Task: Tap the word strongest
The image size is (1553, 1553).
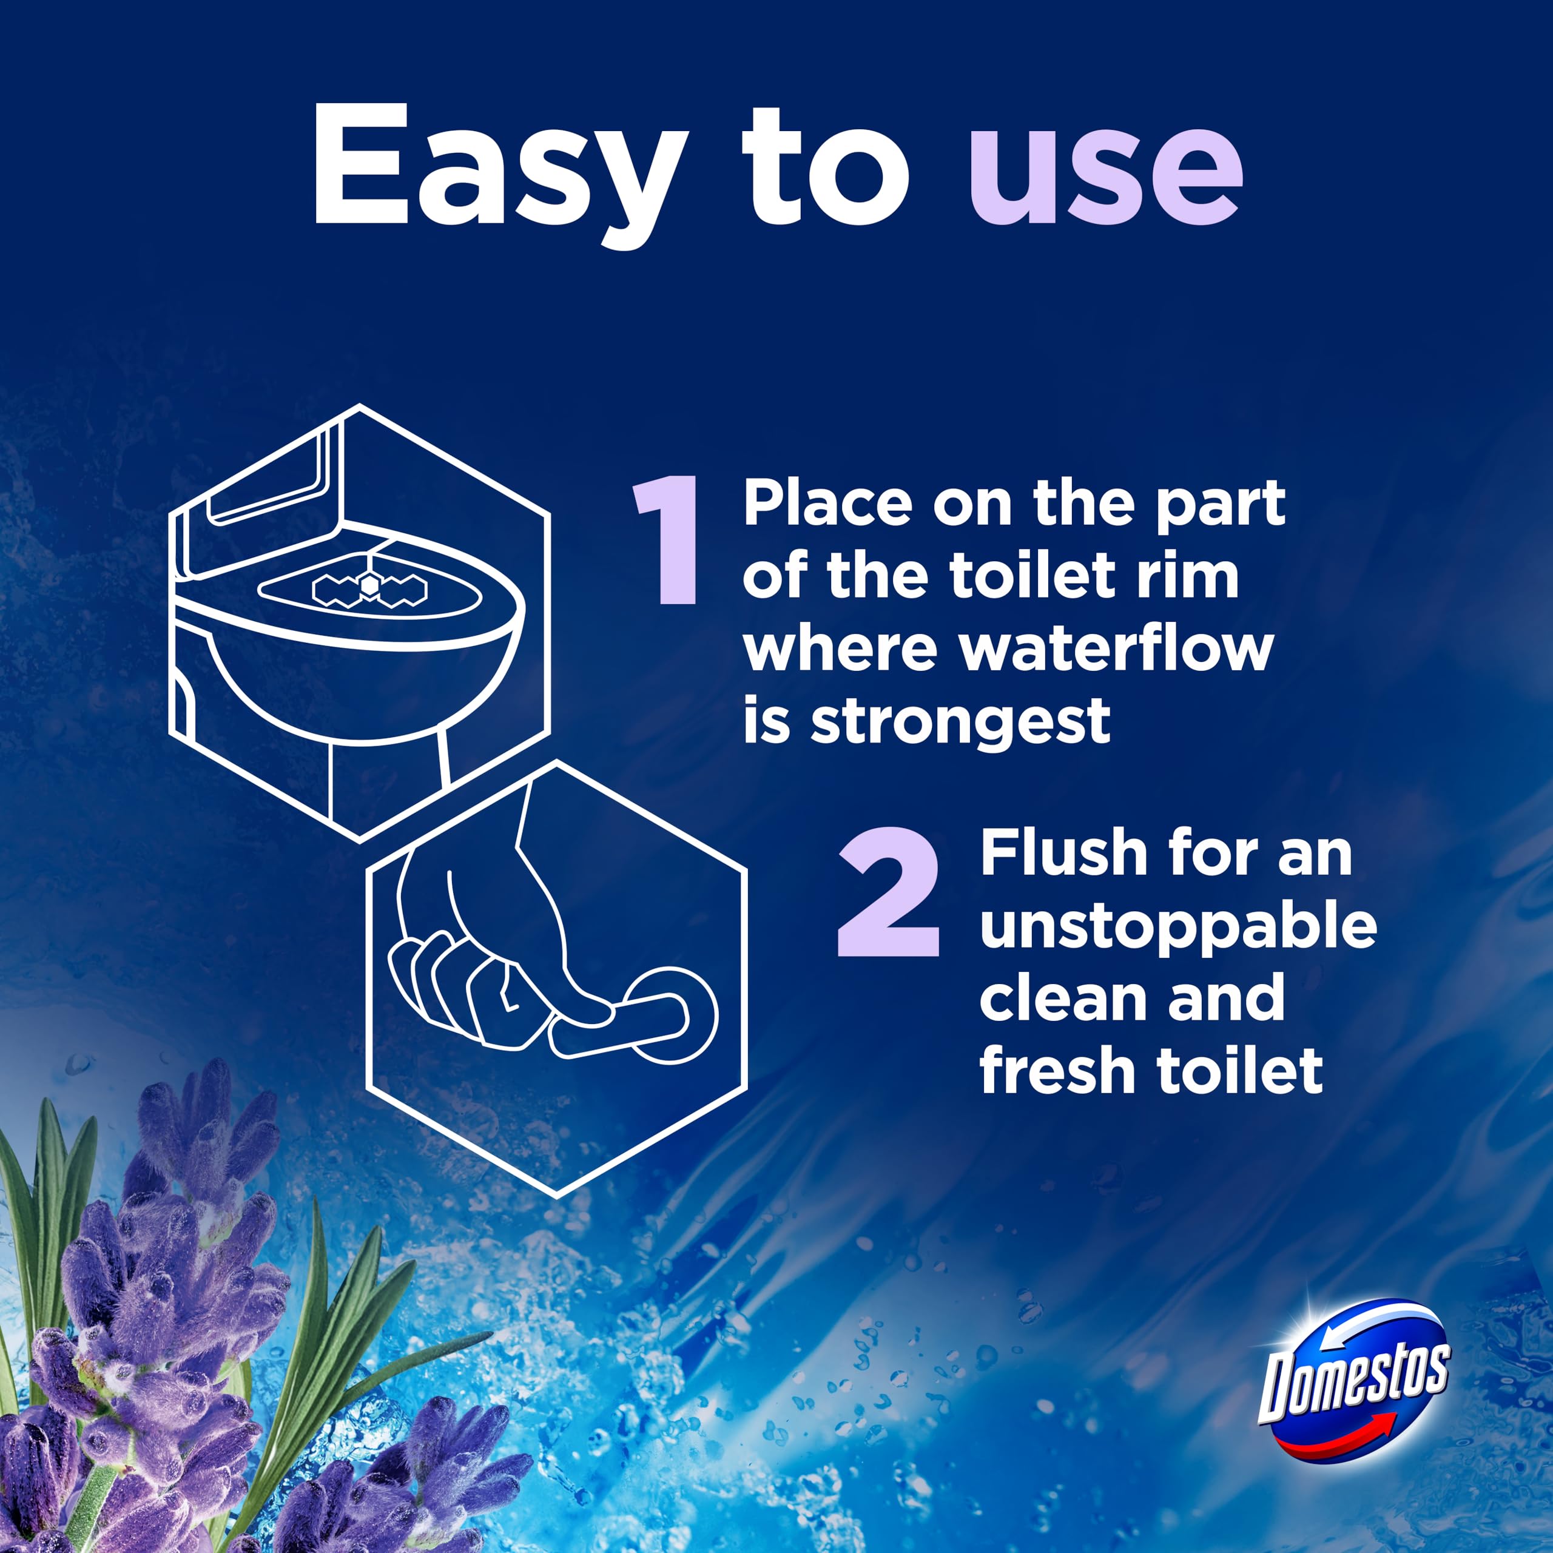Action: pyautogui.click(x=960, y=721)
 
